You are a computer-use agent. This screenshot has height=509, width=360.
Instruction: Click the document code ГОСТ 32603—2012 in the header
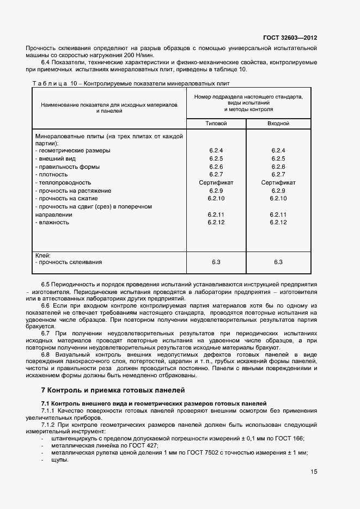click(x=290, y=38)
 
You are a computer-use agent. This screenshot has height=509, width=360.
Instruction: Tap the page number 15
click(x=314, y=472)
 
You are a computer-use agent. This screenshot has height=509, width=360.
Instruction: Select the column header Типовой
click(x=216, y=124)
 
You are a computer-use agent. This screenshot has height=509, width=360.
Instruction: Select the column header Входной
click(x=278, y=124)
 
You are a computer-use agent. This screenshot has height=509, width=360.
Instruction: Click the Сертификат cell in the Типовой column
click(x=216, y=182)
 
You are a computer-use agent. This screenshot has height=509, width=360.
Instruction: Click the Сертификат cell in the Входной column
click(x=278, y=182)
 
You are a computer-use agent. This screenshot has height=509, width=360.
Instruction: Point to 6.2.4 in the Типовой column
click(x=216, y=150)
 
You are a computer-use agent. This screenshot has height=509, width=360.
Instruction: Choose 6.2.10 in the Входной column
click(x=278, y=199)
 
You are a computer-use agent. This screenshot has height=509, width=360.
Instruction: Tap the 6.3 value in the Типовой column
click(x=216, y=262)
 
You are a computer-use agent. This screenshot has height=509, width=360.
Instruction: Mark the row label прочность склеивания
click(x=70, y=262)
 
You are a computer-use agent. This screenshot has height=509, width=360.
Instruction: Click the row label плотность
click(x=53, y=174)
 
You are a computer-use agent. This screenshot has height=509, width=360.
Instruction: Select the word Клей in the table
click(x=42, y=255)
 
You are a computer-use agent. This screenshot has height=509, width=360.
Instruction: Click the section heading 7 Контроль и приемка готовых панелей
click(x=113, y=390)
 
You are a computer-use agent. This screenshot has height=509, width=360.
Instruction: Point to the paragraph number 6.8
click(x=46, y=354)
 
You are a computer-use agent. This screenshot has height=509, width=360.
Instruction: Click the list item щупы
click(x=59, y=460)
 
